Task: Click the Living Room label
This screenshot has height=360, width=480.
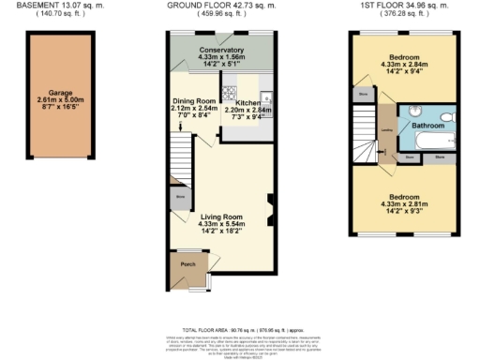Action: pos(220,217)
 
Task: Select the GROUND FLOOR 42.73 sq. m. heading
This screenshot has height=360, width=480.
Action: pos(221,5)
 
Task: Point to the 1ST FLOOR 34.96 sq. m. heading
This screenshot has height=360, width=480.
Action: pos(405,5)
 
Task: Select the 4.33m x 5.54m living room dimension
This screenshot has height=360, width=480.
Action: pos(220,224)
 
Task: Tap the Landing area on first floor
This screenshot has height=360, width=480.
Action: pos(386,131)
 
